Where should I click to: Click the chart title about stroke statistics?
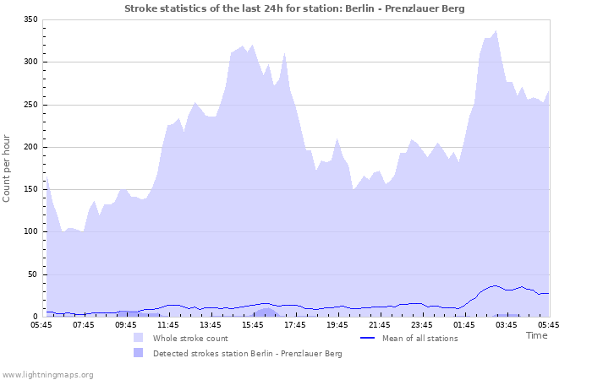click(294, 8)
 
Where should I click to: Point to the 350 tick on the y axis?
click(30, 19)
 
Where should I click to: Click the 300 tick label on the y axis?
click(30, 62)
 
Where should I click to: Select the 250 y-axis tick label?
click(30, 105)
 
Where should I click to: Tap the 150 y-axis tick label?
click(30, 189)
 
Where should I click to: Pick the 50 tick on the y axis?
click(33, 274)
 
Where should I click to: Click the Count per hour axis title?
click(8, 168)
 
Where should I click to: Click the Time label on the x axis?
click(536, 335)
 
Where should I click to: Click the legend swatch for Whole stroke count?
click(138, 338)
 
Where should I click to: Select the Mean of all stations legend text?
click(420, 338)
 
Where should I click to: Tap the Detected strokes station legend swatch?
click(138, 353)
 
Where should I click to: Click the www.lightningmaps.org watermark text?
click(47, 374)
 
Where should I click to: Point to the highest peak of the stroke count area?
click(496, 31)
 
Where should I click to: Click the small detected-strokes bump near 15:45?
click(266, 312)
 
